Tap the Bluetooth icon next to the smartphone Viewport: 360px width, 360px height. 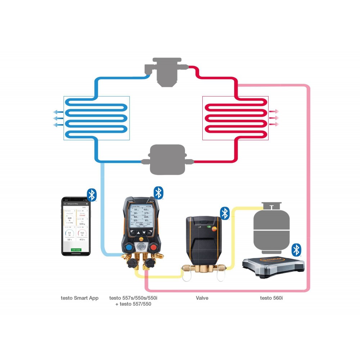[92, 195]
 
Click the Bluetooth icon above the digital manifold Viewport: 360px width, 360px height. [158, 193]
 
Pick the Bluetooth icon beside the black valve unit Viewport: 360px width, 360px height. [225, 213]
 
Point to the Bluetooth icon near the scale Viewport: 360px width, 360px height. [296, 249]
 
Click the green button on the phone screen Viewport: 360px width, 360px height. [76, 249]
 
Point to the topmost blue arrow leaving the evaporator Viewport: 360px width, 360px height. [58, 112]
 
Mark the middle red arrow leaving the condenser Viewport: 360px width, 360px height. [274, 118]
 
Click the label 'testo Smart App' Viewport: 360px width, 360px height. [80, 298]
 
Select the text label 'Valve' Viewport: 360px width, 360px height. [202, 298]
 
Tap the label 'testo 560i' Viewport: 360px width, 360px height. [271, 298]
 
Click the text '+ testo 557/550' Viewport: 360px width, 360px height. [133, 305]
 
